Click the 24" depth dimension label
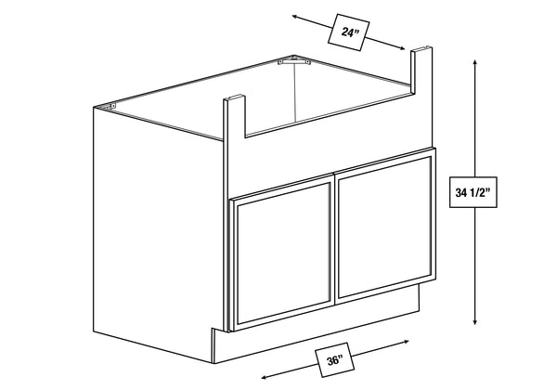pyautogui.click(x=348, y=32)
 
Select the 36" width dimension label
pyautogui.click(x=334, y=360)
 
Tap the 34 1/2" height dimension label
pyautogui.click(x=473, y=192)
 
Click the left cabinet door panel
pyautogui.click(x=282, y=253)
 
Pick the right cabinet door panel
pyautogui.click(x=385, y=227)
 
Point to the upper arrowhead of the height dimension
pyautogui.click(x=474, y=62)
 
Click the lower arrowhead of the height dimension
pyautogui.click(x=474, y=321)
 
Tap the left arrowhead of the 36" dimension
pyautogui.click(x=264, y=378)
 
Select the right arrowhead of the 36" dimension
pyautogui.click(x=406, y=342)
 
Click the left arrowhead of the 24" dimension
pyautogui.click(x=295, y=17)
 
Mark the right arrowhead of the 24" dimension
pyautogui.click(x=401, y=48)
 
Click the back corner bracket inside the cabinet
pyautogui.click(x=294, y=61)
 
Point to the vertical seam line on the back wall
pyautogui.click(x=295, y=91)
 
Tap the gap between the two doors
pyautogui.click(x=334, y=240)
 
